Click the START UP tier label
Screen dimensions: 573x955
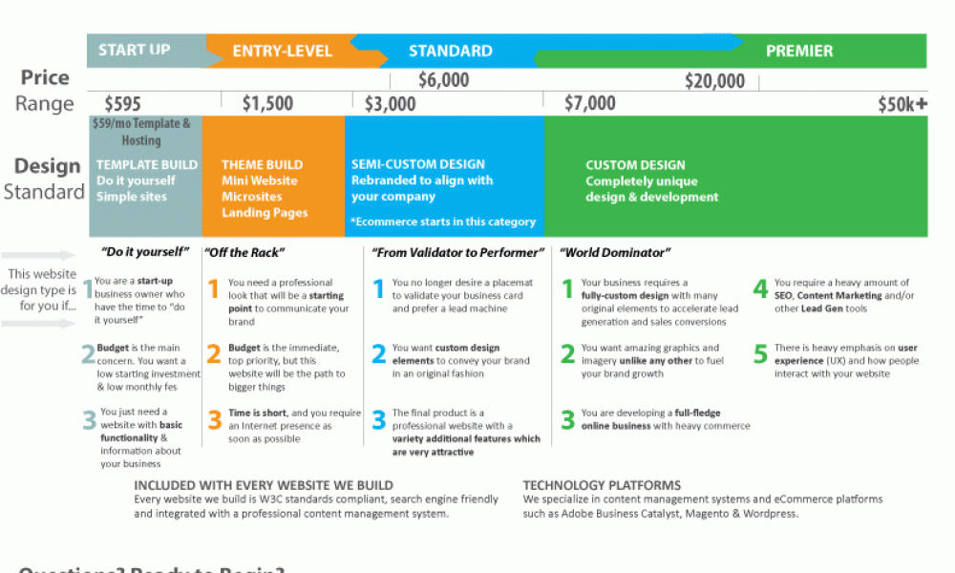click(135, 50)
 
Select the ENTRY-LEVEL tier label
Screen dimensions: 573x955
click(283, 52)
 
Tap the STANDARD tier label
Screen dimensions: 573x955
click(451, 52)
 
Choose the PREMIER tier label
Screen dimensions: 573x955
click(799, 52)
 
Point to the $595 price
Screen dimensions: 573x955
click(122, 103)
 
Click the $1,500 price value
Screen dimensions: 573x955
click(267, 103)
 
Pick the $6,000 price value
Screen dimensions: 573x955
click(444, 81)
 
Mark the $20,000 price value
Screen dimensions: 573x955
click(714, 82)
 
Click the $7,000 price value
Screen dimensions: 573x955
click(590, 103)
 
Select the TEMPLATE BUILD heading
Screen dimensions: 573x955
click(147, 165)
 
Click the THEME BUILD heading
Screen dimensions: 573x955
click(263, 165)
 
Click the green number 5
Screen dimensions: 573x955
click(760, 355)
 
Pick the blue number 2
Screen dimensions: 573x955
click(378, 355)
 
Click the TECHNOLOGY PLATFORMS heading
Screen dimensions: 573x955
click(602, 485)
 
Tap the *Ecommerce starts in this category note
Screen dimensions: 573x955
click(443, 222)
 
